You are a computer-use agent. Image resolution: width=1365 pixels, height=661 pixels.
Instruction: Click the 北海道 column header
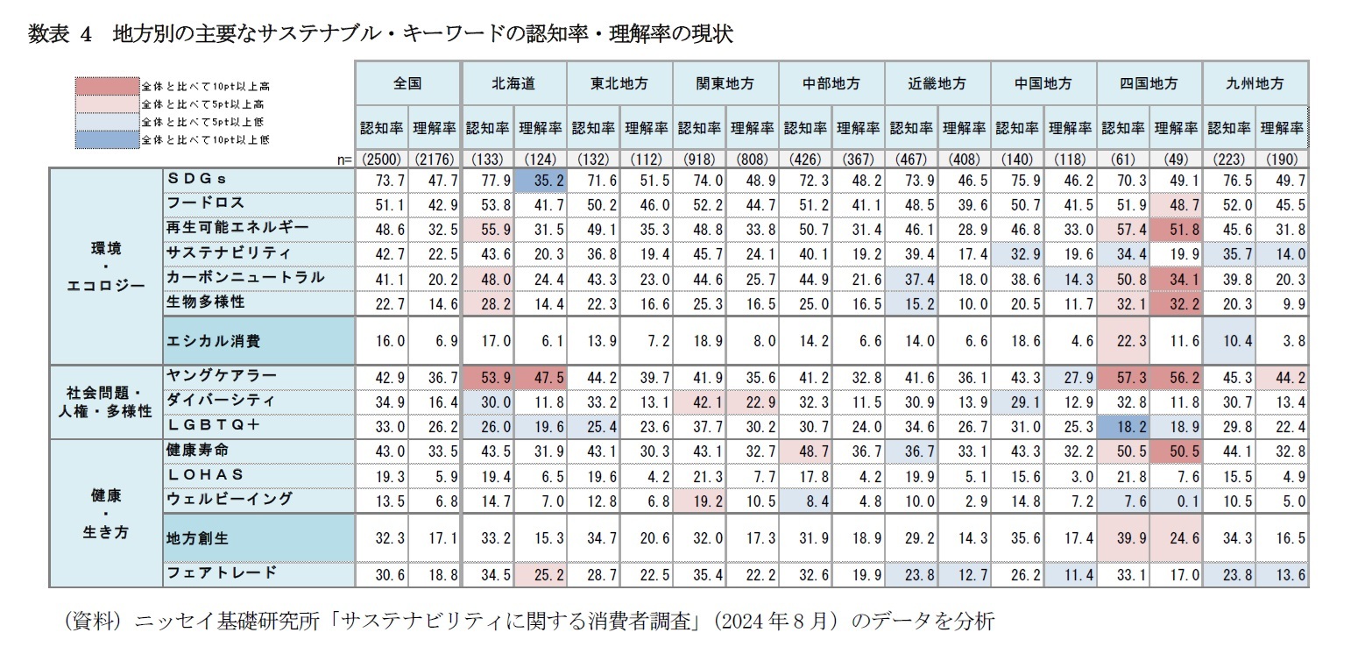514,84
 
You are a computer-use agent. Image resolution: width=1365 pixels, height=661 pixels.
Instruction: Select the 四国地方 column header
1149,84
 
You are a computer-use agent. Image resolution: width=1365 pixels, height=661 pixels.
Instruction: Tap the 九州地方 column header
1255,84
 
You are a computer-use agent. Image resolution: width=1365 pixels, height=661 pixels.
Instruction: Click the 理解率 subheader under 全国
435,128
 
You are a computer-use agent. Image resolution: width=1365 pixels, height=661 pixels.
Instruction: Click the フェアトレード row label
221,572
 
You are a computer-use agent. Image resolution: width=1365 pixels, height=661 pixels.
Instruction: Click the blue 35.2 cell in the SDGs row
541,179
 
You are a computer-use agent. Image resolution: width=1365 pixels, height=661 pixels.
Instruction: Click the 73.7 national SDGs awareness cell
382,179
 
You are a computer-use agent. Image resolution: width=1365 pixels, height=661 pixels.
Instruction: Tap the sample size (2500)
382,159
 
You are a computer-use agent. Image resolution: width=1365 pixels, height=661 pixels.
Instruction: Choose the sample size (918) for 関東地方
699,159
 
